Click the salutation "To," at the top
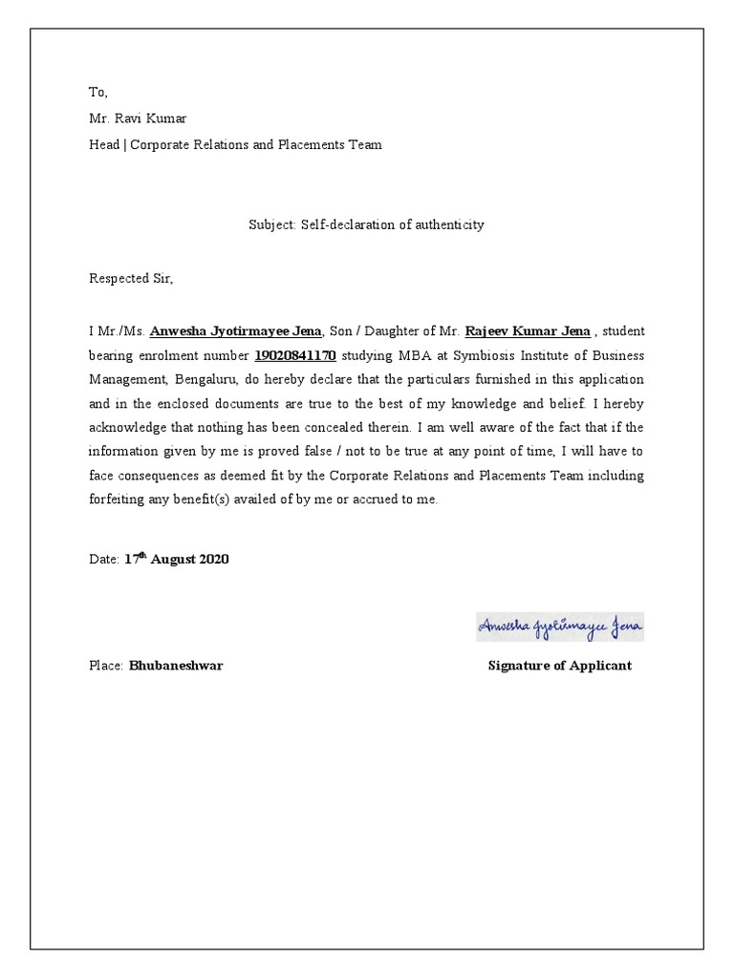pyautogui.click(x=99, y=93)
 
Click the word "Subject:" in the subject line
pyautogui.click(x=273, y=225)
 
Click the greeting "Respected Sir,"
pyautogui.click(x=133, y=279)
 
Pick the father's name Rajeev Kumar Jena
pyautogui.click(x=527, y=331)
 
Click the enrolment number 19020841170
pyautogui.click(x=294, y=356)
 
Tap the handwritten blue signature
pyautogui.click(x=560, y=627)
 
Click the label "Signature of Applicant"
pyautogui.click(x=559, y=666)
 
